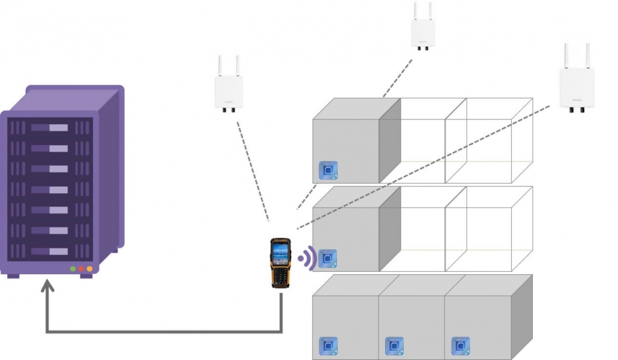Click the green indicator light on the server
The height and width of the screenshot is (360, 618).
tap(73, 269)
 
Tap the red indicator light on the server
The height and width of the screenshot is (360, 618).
tap(81, 269)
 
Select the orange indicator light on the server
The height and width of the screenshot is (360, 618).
tap(89, 269)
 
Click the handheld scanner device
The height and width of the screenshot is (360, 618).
tap(280, 262)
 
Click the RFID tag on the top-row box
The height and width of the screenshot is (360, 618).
tap(328, 170)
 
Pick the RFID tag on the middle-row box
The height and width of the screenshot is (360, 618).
tap(328, 259)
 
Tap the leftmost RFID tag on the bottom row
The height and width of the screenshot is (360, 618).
tap(328, 346)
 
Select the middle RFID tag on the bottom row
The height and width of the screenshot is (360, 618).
tap(394, 346)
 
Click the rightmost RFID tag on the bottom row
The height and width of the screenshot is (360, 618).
tap(460, 346)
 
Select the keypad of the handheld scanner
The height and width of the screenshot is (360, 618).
tap(280, 275)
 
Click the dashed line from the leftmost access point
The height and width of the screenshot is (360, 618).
tap(252, 168)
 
